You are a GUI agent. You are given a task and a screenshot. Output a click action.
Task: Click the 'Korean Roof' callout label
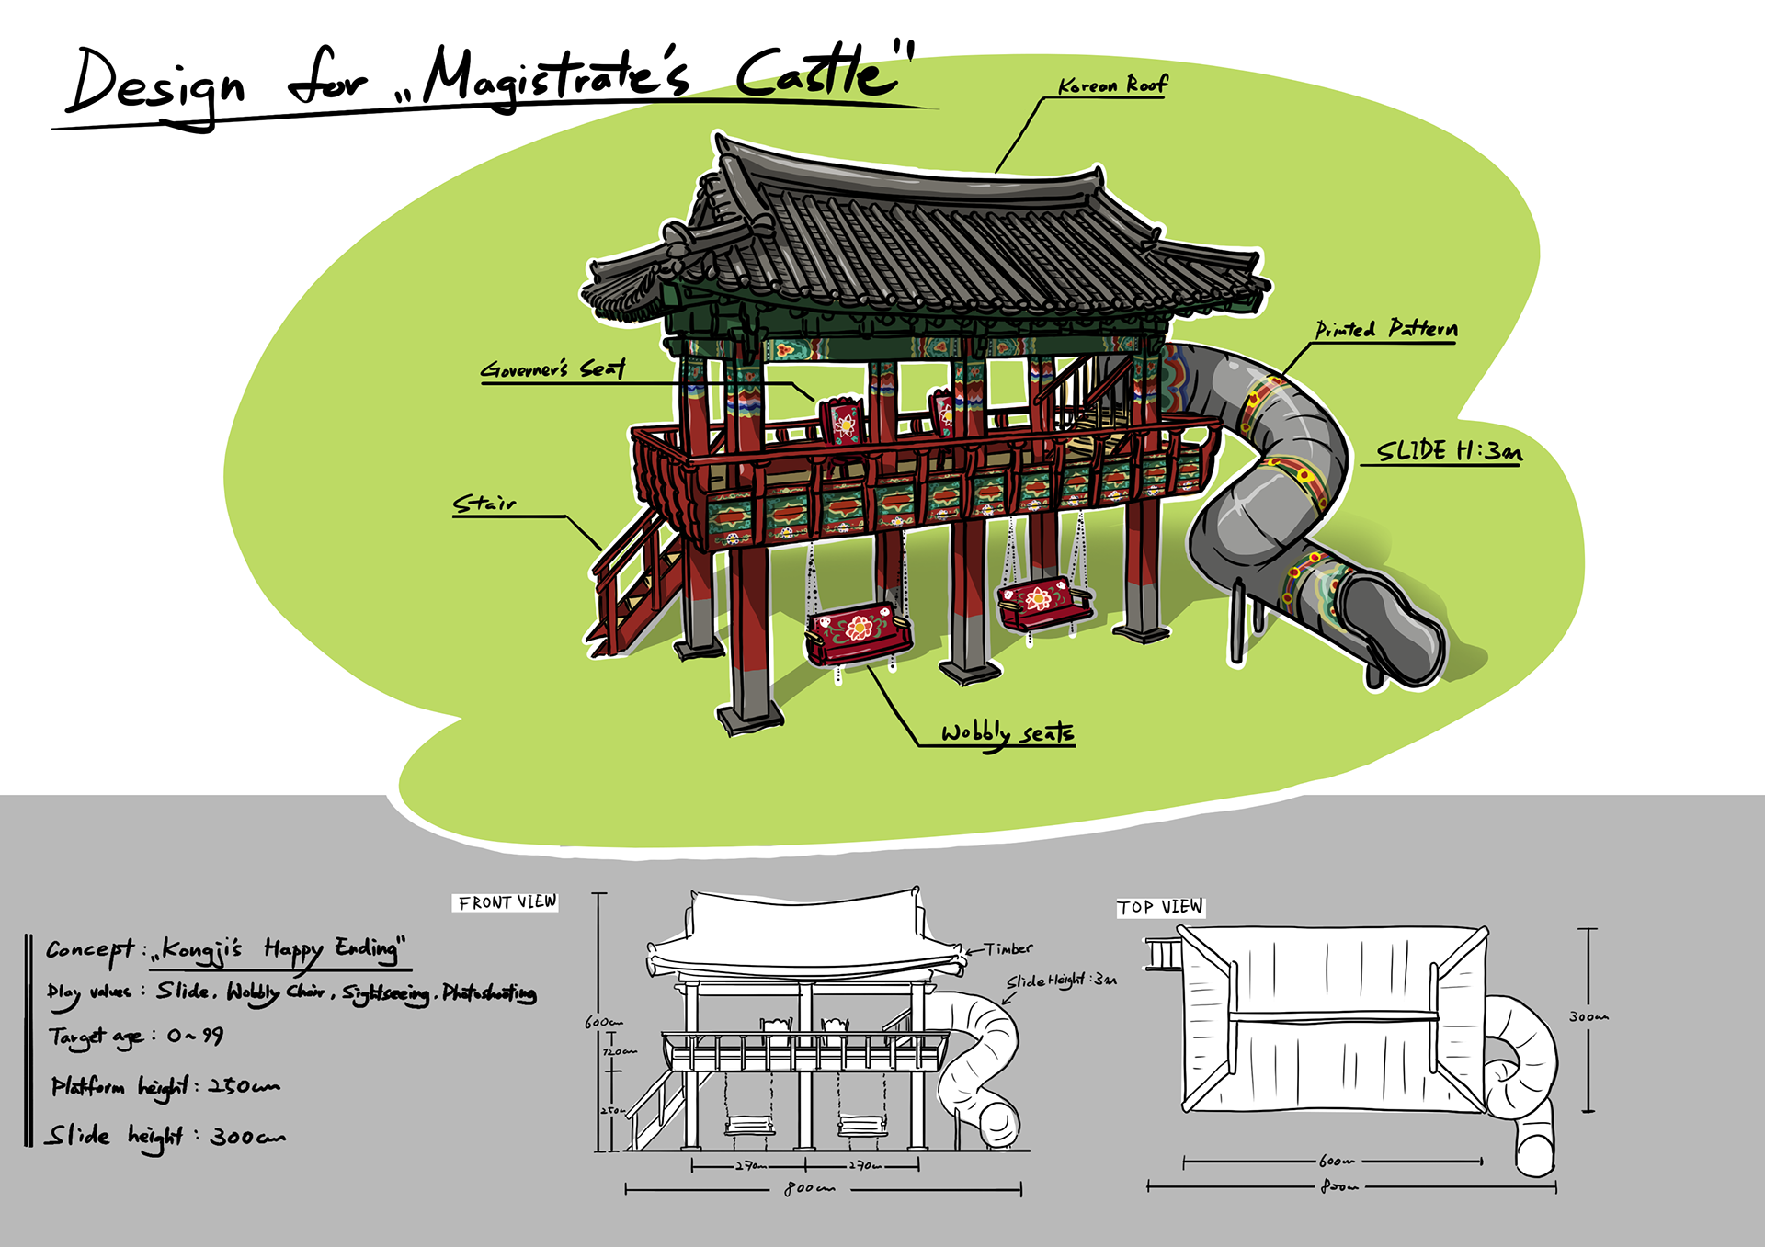point(1112,85)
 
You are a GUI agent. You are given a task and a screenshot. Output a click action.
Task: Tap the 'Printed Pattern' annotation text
point(1385,329)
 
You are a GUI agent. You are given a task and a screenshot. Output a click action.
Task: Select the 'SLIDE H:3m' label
point(1448,450)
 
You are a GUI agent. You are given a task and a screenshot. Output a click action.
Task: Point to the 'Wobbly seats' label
point(1007,732)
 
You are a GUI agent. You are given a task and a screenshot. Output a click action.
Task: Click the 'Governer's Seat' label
point(552,369)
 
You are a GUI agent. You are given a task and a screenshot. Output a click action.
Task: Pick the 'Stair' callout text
point(484,504)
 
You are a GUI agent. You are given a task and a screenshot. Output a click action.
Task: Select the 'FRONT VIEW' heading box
point(507,902)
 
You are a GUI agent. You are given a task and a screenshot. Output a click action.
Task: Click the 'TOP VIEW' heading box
point(1160,907)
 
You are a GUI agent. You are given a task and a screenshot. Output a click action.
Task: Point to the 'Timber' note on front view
point(1008,948)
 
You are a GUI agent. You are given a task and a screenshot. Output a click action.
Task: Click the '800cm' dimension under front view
point(809,1188)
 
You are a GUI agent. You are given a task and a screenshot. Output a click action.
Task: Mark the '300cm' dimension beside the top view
point(1588,1017)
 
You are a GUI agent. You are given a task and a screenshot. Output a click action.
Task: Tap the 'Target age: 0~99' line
point(136,1037)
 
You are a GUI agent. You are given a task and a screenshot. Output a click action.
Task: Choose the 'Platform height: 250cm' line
point(165,1086)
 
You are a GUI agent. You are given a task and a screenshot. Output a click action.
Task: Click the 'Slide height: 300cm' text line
point(165,1137)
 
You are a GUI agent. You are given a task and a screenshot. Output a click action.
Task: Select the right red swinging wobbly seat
point(1043,602)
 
